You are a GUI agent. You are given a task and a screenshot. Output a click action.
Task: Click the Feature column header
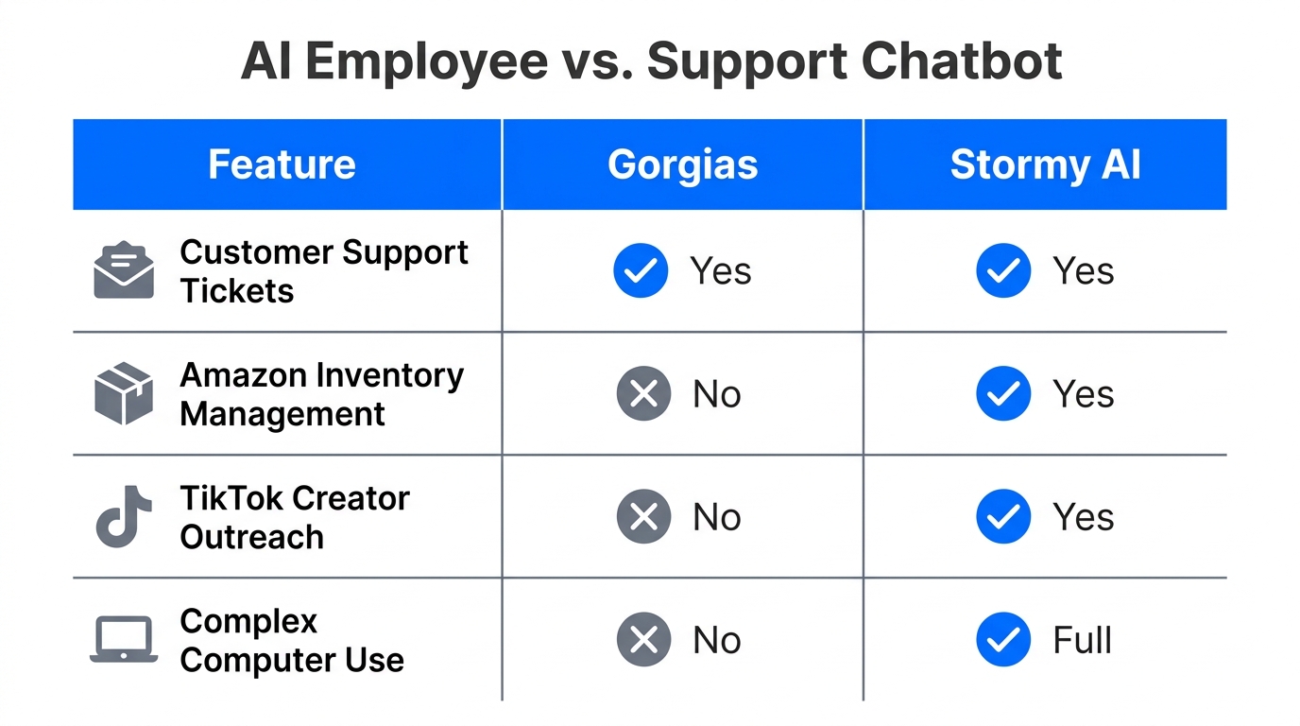pyautogui.click(x=282, y=164)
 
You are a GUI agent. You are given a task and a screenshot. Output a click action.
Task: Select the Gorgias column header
pyautogui.click(x=682, y=164)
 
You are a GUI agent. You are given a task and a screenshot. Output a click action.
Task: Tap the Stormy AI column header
pyautogui.click(x=1045, y=164)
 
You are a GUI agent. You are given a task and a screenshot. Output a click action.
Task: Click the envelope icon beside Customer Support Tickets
pyautogui.click(x=124, y=270)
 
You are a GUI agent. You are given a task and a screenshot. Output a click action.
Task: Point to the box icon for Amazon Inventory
pyautogui.click(x=124, y=393)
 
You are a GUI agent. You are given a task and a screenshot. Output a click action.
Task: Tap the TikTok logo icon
pyautogui.click(x=124, y=516)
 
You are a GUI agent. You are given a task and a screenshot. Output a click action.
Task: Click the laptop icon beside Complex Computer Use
pyautogui.click(x=124, y=640)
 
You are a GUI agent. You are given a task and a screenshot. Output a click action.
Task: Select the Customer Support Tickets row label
pyautogui.click(x=324, y=270)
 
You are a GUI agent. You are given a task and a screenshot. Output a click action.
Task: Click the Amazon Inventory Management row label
pyautogui.click(x=321, y=394)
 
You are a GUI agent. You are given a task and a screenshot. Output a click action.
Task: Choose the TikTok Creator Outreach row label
pyautogui.click(x=295, y=517)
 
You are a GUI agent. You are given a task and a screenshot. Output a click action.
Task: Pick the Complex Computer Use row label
pyautogui.click(x=292, y=640)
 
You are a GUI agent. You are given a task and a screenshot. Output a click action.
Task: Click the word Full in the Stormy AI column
pyautogui.click(x=1082, y=640)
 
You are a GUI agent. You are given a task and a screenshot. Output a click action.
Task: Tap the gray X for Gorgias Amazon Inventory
pyautogui.click(x=643, y=393)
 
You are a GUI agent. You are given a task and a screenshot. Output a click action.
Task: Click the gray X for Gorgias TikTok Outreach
pyautogui.click(x=643, y=516)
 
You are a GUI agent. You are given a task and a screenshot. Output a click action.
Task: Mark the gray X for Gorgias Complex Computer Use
pyautogui.click(x=643, y=640)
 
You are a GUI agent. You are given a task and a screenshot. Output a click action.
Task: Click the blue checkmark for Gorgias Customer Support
pyautogui.click(x=641, y=270)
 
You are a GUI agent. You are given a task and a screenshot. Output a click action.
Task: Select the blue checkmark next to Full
pyautogui.click(x=1003, y=640)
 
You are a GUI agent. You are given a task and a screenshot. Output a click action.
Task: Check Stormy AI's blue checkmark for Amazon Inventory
pyautogui.click(x=1003, y=393)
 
